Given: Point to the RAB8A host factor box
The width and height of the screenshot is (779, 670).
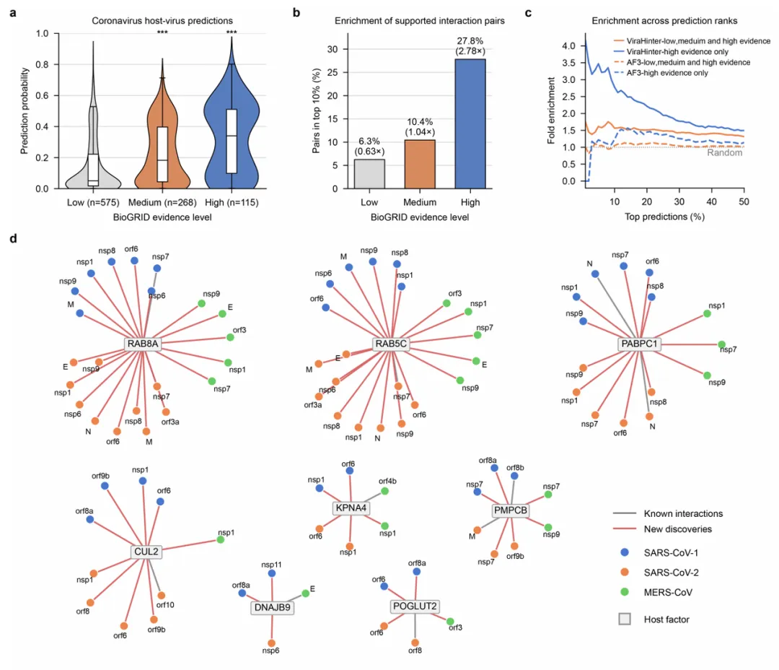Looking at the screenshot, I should point(142,344).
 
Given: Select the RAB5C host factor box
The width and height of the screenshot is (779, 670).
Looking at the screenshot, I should point(391,344).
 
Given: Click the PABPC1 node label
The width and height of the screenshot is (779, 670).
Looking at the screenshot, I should point(639,344).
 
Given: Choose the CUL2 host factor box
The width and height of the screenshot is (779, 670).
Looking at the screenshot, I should point(146,552).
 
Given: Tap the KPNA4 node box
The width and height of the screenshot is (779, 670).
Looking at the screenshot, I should point(351,508).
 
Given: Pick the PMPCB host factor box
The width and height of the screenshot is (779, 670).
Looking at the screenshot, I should point(511,510).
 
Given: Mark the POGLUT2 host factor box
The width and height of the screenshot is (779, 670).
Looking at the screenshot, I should point(415,606).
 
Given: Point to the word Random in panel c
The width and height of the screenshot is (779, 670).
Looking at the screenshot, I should point(725,152).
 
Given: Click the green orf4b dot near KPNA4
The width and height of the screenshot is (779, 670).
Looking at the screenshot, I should point(384,491).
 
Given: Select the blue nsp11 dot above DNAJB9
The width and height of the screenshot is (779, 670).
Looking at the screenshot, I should point(271,573).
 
